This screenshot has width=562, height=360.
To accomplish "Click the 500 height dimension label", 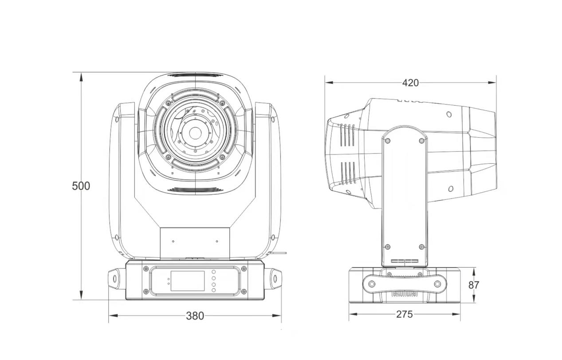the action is pos(81,186).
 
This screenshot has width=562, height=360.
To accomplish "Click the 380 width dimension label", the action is pos(195,316).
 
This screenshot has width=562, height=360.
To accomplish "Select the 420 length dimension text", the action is pos(410,83).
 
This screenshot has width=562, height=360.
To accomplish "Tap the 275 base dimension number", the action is pos(405,314).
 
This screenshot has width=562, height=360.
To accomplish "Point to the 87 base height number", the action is pos(474,285).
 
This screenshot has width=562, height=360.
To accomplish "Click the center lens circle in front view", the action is pos(194,133).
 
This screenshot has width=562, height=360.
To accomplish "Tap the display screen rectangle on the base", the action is pos(188,281).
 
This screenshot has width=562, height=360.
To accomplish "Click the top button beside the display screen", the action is pos(214,272).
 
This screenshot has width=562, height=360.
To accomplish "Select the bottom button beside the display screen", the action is pos(214,290).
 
